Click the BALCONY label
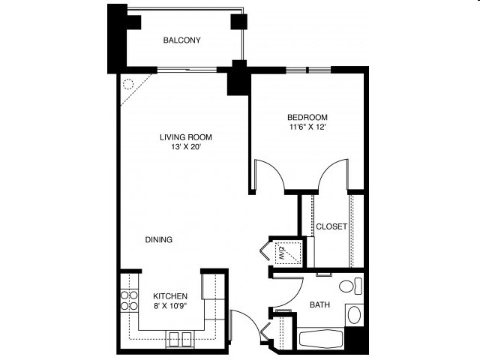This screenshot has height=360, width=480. point(182,40)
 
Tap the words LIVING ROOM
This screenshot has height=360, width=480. point(185,137)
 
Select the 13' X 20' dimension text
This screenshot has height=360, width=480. point(185,147)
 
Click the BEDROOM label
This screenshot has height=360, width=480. point(307,117)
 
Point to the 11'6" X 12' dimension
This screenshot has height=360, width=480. point(307,127)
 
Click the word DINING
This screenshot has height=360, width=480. point(159,240)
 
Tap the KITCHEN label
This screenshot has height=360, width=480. point(170,296)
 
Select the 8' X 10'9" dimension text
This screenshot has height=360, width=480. point(170,306)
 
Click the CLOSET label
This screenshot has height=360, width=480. point(331,226)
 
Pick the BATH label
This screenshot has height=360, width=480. point(320,304)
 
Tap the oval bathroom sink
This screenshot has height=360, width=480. point(355,314)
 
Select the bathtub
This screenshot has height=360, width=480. point(322,338)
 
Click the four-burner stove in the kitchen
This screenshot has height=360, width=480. point(128,300)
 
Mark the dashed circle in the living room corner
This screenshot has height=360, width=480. point(128,85)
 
